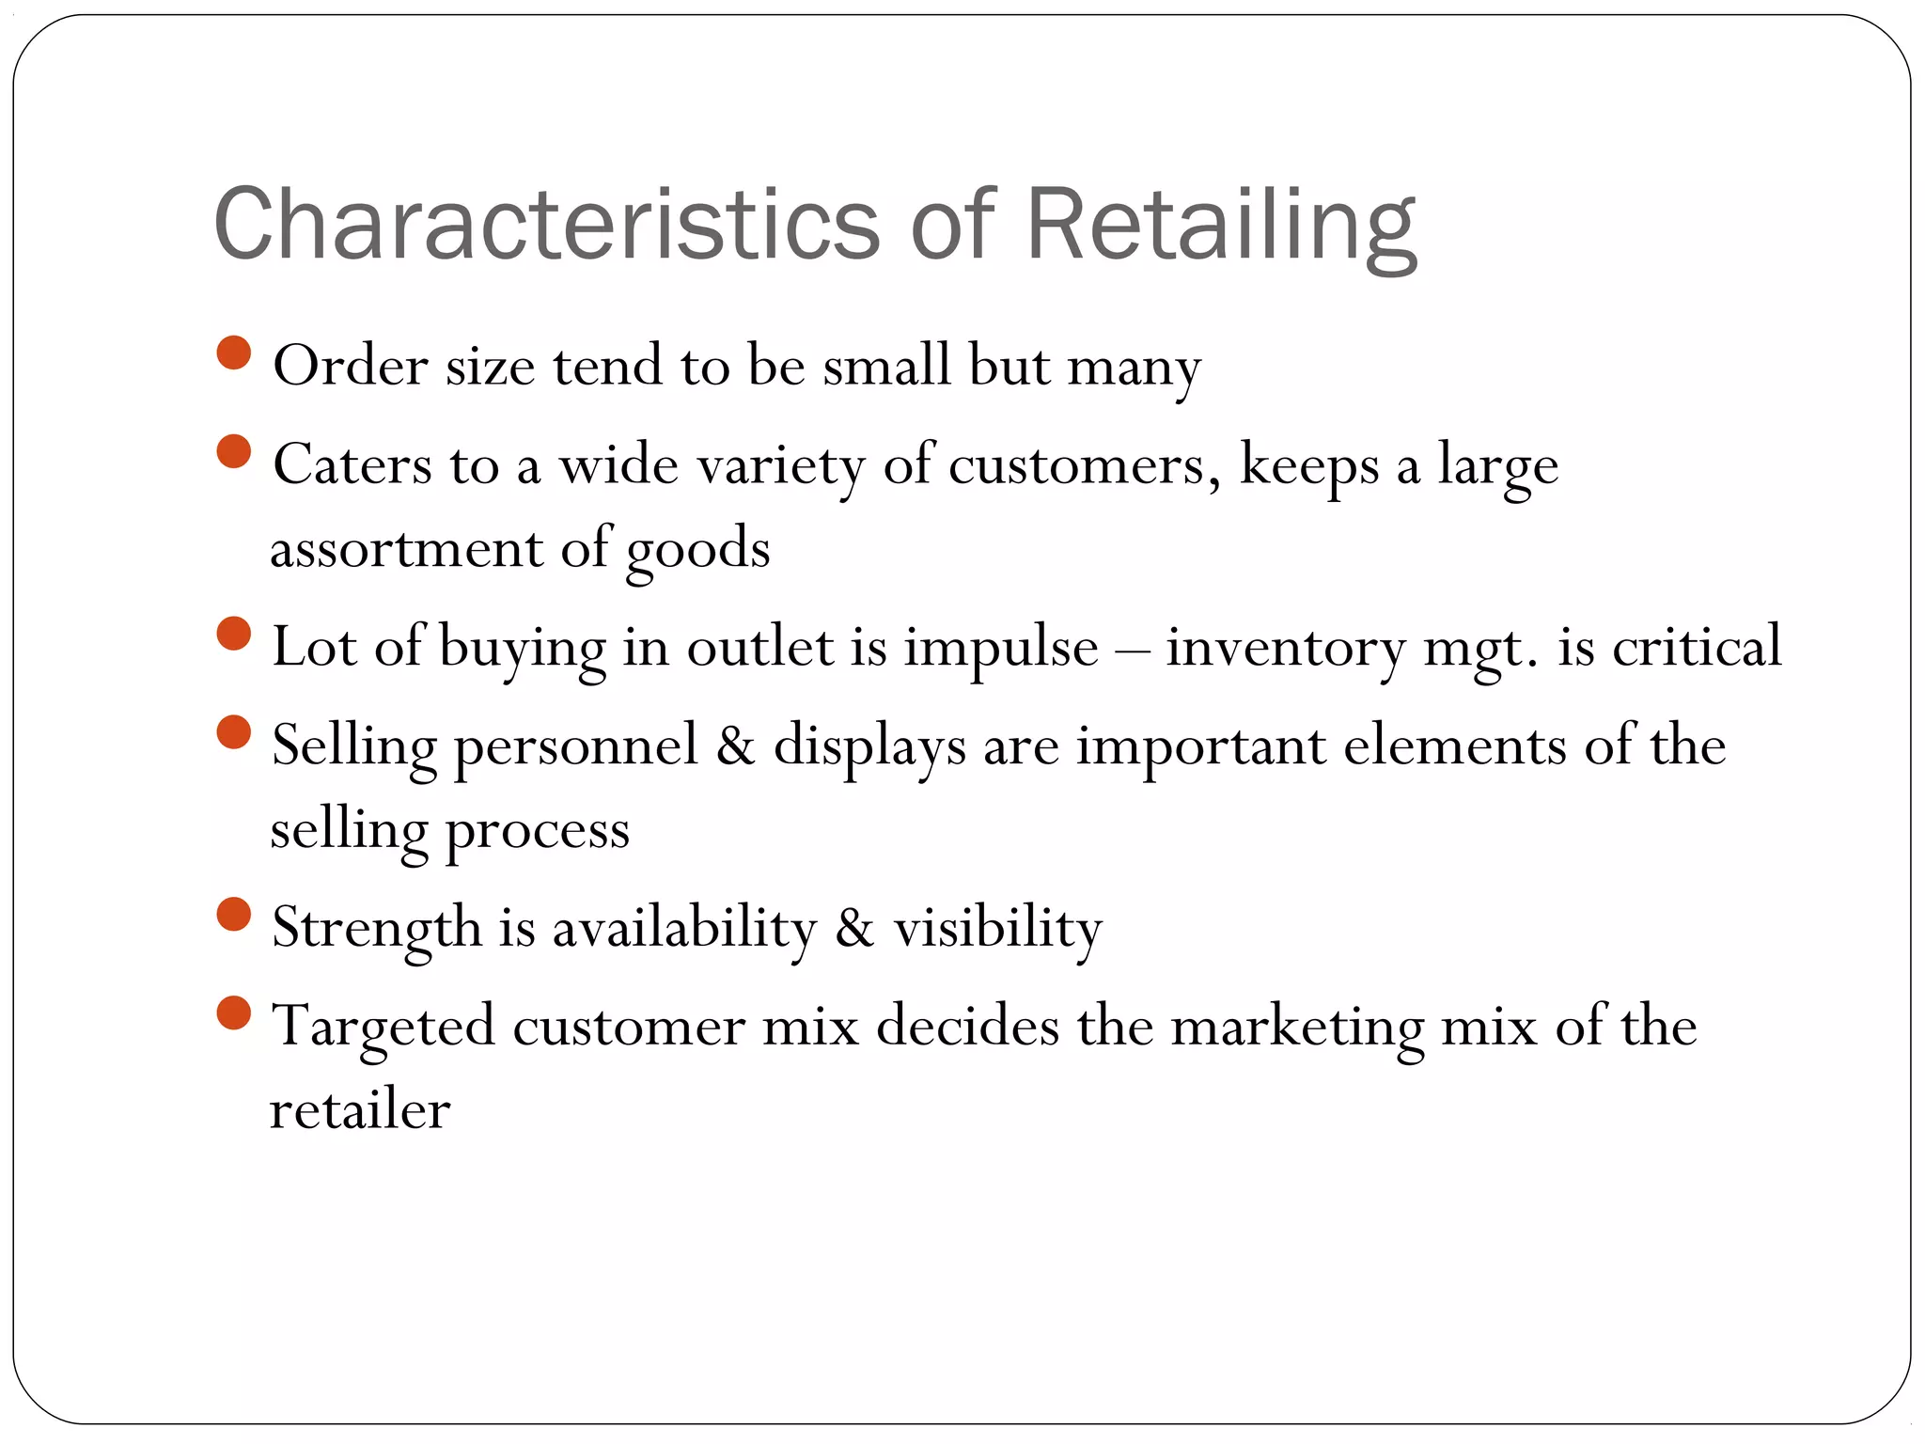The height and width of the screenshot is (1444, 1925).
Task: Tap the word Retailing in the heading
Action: click(1220, 226)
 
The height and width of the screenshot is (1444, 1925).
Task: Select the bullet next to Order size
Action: click(233, 353)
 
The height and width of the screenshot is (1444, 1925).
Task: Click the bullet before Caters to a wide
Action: click(233, 451)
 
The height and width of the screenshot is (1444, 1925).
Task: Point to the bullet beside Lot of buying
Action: click(233, 634)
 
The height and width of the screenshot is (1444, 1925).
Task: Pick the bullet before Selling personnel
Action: click(233, 732)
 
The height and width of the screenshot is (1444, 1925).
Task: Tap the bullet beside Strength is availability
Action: click(233, 915)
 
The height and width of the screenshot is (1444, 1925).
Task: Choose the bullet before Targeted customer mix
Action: click(233, 1013)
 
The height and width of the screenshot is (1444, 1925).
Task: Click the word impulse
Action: click(1000, 649)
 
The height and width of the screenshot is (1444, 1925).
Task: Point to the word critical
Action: click(1697, 646)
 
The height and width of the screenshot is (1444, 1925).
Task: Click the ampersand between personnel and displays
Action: click(736, 746)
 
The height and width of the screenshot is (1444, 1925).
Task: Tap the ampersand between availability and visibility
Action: click(854, 928)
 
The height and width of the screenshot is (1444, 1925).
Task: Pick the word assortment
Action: click(406, 549)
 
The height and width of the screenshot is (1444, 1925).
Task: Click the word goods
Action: click(697, 551)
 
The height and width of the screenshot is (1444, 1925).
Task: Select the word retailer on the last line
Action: click(360, 1110)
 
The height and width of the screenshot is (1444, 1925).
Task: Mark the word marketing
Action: click(1296, 1028)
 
